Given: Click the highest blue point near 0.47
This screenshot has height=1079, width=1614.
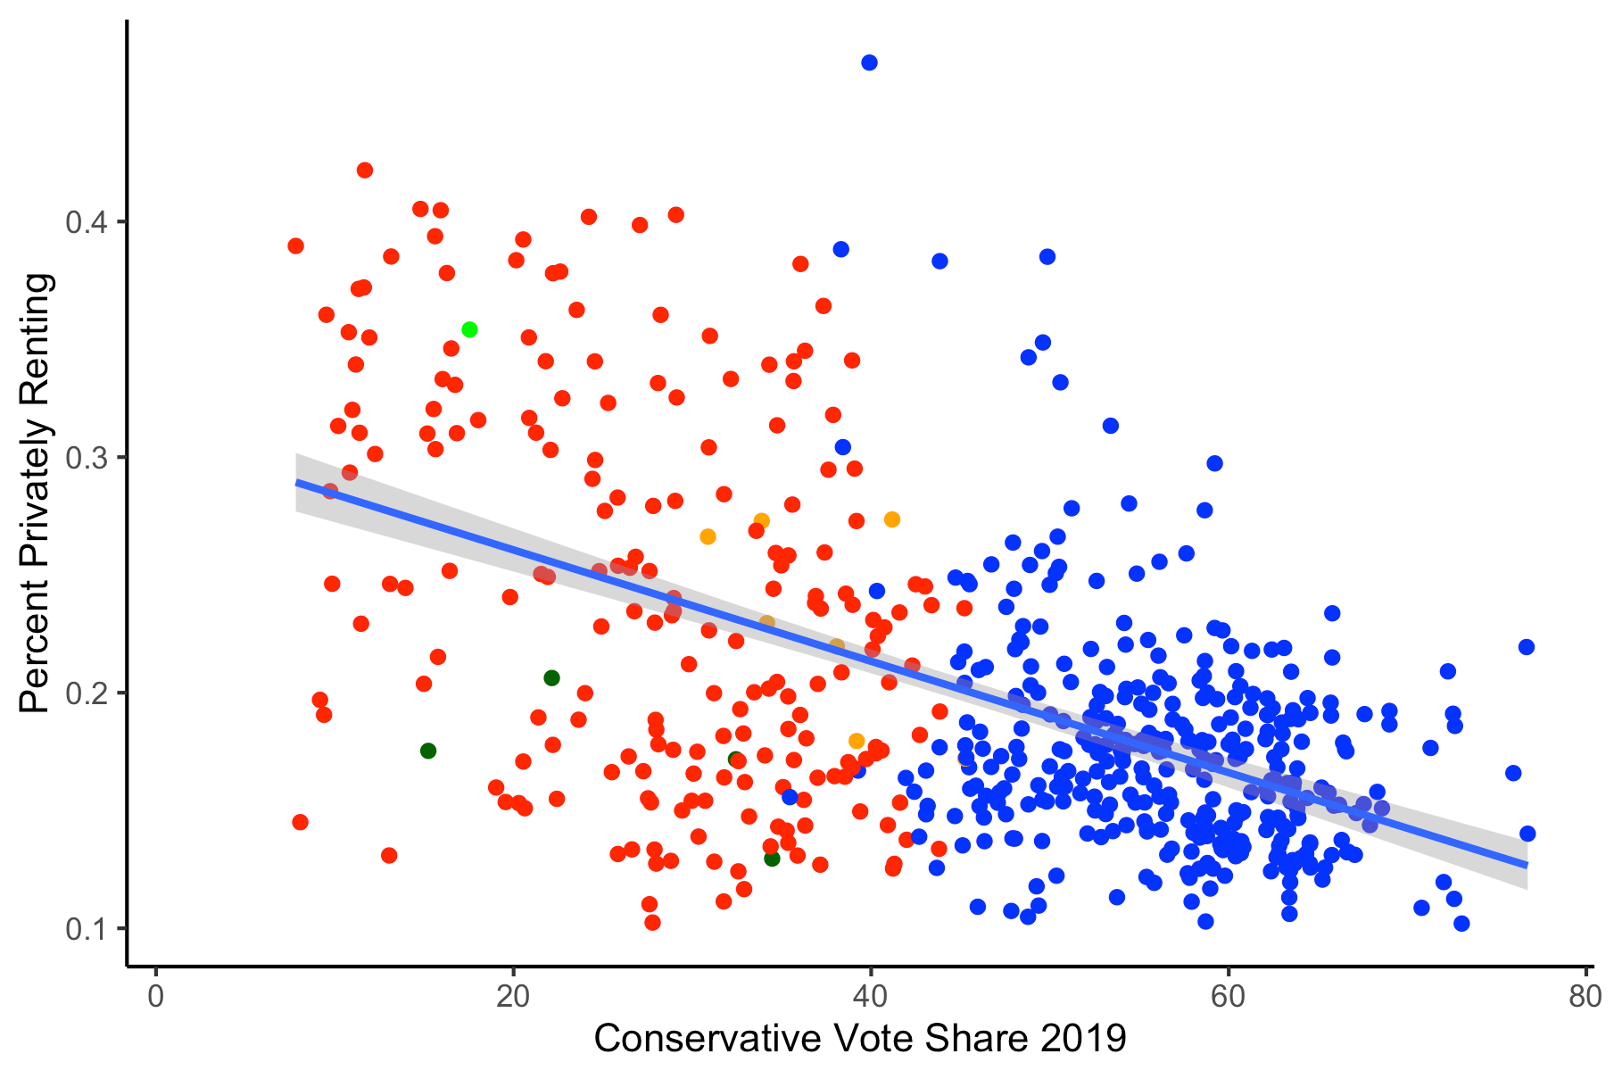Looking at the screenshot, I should coord(869,62).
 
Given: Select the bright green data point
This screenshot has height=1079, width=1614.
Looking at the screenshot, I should coord(469,329).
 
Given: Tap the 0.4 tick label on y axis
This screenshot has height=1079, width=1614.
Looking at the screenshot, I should coord(86,221).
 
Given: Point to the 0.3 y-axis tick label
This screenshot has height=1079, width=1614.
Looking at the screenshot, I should coord(86,457).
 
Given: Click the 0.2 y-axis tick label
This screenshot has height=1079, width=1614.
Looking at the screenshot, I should coord(86,693).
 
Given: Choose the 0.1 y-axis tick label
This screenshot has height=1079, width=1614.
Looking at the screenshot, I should coord(86,928).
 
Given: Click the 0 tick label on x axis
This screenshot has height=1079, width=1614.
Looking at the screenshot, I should coord(156,997).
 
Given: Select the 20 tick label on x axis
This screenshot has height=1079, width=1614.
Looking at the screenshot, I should coord(513,997).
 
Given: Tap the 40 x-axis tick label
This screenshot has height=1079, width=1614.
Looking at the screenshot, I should coord(870,997).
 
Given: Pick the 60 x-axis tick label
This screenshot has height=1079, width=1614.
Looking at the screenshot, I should coord(1228,997).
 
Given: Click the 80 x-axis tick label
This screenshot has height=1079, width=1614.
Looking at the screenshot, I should coord(1585,997).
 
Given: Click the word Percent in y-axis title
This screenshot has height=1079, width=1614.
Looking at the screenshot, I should coord(36,646).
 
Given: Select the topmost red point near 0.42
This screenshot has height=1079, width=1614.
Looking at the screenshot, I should coord(365,170).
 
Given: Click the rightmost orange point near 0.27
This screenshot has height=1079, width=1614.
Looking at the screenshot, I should coord(892,519).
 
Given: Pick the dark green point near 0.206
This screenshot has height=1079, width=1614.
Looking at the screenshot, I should coord(551,678).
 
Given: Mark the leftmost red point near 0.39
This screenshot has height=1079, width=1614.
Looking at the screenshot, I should coord(296,246).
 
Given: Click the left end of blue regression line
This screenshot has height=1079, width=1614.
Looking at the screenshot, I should coord(298,482).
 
